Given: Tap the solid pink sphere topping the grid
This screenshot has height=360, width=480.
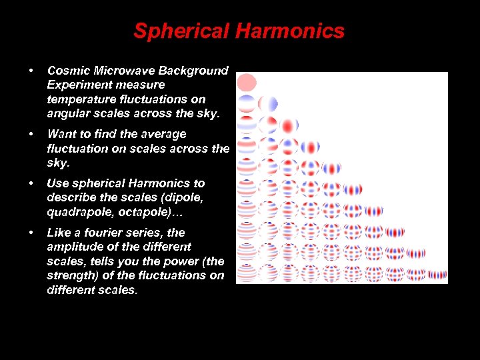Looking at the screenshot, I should pyautogui.click(x=247, y=83).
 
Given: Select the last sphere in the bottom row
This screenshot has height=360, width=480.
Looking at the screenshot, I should pyautogui.click(x=437, y=275).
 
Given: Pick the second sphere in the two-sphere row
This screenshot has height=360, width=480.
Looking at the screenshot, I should pyautogui.click(x=267, y=104).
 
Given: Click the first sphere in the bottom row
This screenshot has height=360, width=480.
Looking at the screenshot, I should pyautogui.click(x=247, y=272).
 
